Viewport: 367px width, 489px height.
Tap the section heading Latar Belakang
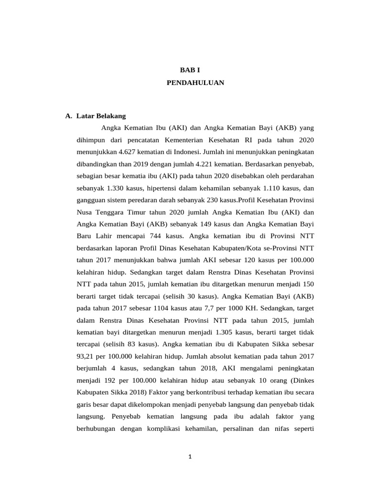click(x=100, y=116)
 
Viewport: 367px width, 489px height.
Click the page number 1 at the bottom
click(x=190, y=457)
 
